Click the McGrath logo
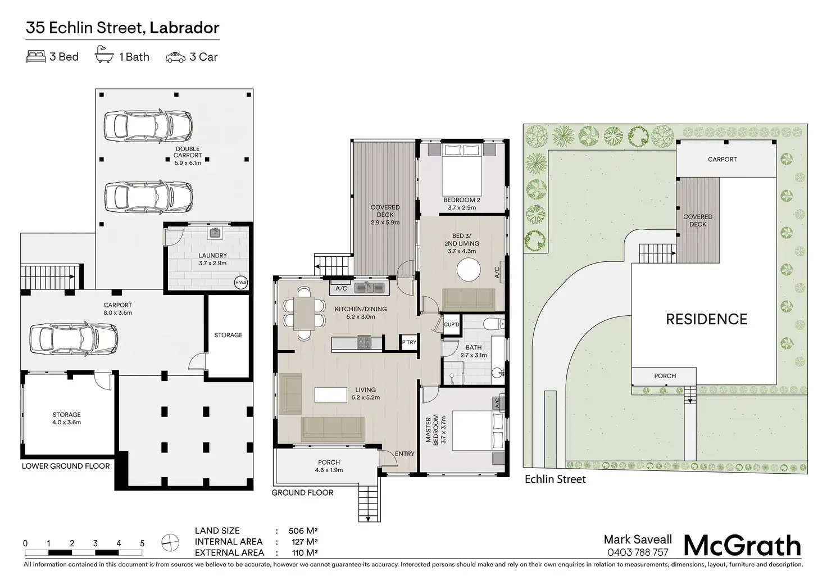[742, 546]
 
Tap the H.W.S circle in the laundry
[240, 282]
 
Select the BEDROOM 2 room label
[462, 200]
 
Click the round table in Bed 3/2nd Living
[469, 270]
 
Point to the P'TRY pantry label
[408, 343]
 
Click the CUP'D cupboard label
[452, 325]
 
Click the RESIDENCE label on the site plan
[706, 319]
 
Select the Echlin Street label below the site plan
[555, 479]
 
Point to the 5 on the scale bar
[142, 543]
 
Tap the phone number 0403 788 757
[638, 552]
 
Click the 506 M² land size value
[303, 530]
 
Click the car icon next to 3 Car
[175, 57]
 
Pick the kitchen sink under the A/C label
[370, 288]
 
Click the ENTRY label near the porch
[405, 454]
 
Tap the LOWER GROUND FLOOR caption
[66, 466]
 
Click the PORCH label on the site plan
[665, 376]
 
